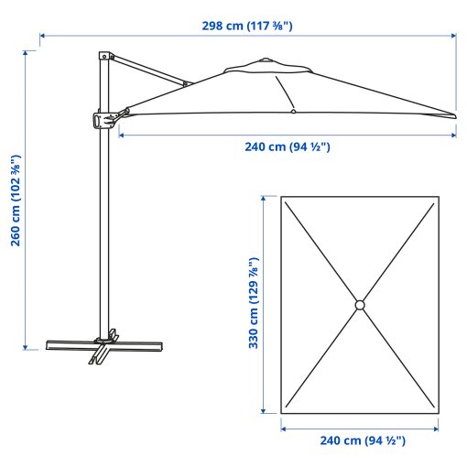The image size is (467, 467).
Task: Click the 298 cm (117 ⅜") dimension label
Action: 247,25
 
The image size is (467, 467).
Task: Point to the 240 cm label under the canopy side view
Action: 287,147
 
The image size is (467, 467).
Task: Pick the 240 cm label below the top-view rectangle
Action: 362,440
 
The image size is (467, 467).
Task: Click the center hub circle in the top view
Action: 360,304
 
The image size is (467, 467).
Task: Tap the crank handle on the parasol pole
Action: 102,119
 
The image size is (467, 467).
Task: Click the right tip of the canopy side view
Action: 453,115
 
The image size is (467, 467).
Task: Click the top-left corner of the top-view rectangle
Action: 282,197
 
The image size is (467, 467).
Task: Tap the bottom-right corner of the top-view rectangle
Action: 438,412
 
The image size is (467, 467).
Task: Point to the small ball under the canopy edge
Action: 293,112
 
